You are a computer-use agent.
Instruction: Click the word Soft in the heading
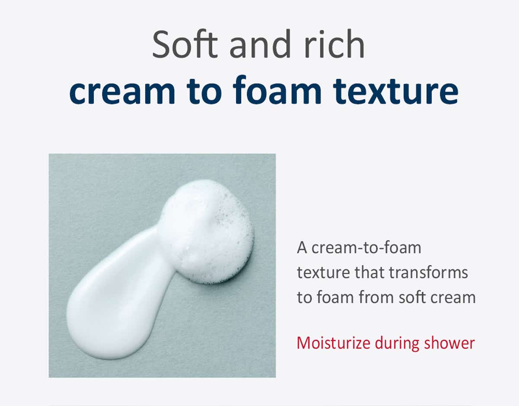185,44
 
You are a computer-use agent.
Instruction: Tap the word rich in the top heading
334,44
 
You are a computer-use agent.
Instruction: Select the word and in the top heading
260,44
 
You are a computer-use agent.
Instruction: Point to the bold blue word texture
395,90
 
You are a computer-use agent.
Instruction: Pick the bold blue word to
204,91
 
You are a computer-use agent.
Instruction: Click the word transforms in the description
428,272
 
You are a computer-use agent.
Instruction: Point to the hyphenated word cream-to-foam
366,248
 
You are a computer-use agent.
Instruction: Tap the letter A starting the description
302,248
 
